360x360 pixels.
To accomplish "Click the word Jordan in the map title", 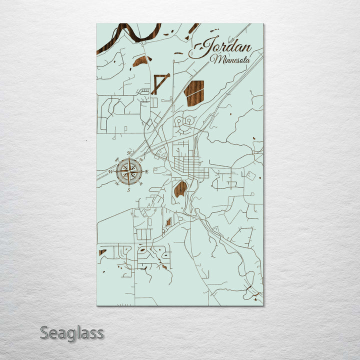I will [x=227, y=47].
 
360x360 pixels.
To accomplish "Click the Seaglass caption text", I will [x=72, y=332].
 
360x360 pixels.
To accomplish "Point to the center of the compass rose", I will [x=129, y=171].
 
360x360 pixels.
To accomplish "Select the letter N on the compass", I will [x=129, y=152].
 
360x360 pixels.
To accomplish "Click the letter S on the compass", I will [x=129, y=190].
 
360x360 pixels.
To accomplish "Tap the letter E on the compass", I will [x=147, y=172].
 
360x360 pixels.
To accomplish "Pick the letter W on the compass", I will [x=111, y=171].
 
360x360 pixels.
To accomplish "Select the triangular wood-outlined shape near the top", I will [x=159, y=82].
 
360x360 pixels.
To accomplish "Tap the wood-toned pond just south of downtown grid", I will [x=180, y=188].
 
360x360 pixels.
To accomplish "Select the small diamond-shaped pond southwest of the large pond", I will [x=168, y=221].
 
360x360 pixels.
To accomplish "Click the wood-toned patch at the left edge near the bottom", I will [x=102, y=252].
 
